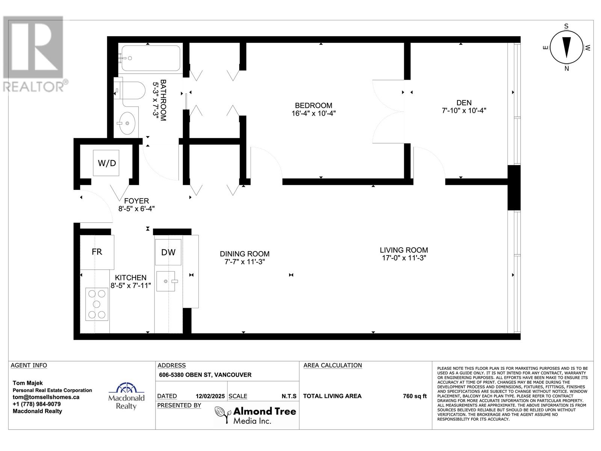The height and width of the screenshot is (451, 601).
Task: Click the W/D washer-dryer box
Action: [106, 163]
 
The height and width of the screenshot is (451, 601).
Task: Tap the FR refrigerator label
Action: [97, 252]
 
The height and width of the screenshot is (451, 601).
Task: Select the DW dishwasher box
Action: [168, 252]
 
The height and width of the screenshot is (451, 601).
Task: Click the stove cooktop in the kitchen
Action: [97, 304]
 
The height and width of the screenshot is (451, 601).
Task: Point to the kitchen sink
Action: [166, 281]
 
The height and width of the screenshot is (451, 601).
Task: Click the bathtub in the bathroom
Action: [151, 58]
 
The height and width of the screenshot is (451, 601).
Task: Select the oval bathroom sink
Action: [126, 123]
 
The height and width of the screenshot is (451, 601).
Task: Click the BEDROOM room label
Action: [313, 106]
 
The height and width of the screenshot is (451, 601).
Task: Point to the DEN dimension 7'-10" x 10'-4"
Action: [464, 110]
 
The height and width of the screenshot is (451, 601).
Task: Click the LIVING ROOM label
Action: [403, 250]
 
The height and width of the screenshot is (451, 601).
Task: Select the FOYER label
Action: [136, 201]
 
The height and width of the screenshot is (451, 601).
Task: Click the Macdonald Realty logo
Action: [126, 396]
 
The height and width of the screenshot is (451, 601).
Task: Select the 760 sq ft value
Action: [415, 396]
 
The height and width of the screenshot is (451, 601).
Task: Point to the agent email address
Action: [46, 397]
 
